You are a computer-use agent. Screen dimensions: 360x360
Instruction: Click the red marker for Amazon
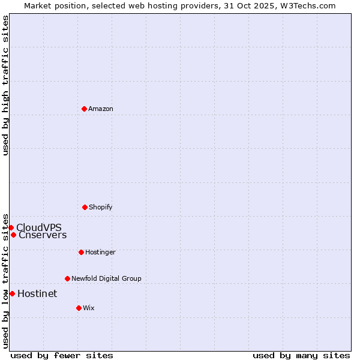[x=84, y=109]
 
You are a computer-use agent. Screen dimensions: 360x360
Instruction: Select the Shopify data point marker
[x=85, y=207]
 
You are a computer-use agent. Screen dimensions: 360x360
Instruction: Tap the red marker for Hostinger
[x=81, y=252]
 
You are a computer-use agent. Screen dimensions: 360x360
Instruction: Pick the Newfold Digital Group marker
[x=67, y=278]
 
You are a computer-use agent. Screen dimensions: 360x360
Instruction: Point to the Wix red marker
[x=79, y=308]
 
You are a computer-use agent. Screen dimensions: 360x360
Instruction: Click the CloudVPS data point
[x=11, y=227]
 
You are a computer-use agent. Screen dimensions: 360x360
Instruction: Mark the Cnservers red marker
[x=13, y=235]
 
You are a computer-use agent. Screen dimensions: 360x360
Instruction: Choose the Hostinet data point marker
[x=12, y=293]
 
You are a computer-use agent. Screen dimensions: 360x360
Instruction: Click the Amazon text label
[x=101, y=109]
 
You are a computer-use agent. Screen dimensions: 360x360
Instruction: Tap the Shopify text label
[x=101, y=207]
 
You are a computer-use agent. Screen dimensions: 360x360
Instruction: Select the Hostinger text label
[x=100, y=252]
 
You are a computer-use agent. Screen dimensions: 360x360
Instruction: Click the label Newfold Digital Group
[x=106, y=278]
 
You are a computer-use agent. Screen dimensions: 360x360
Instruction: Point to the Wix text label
[x=89, y=308]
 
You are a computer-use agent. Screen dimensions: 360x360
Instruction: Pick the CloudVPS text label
[x=39, y=227]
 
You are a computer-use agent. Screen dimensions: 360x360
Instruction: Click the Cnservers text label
[x=43, y=235]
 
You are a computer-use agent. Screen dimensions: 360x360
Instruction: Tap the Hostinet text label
[x=37, y=293]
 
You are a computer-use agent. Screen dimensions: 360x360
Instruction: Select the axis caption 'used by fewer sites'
[x=62, y=355]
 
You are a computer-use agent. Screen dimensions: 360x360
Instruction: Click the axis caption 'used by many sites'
[x=301, y=355]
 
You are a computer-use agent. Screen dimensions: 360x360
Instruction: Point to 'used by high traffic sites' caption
[x=5, y=85]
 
